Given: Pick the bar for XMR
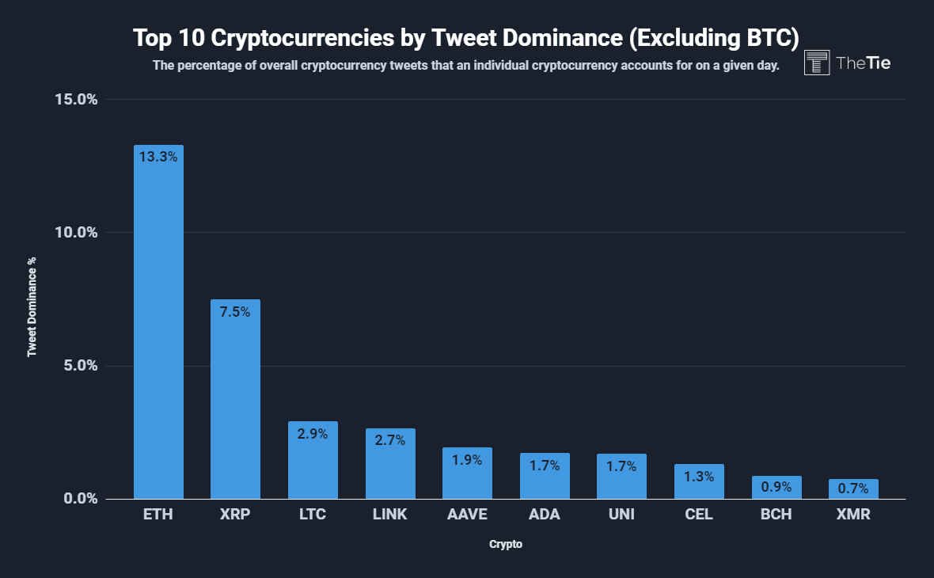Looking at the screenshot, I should [x=853, y=490].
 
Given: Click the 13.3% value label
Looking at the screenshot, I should [x=158, y=157].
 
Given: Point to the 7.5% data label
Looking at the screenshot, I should [x=235, y=312].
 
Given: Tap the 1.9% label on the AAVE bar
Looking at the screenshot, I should [x=467, y=459].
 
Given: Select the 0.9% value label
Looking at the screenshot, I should [x=776, y=487].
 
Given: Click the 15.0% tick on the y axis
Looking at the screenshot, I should [x=76, y=99].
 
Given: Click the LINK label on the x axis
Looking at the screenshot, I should [x=389, y=515].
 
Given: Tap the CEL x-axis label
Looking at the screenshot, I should [x=699, y=515].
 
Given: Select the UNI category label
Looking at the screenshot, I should [x=621, y=515].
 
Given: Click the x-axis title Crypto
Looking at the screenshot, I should [x=506, y=545].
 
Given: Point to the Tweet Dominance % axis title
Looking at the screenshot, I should [x=32, y=306].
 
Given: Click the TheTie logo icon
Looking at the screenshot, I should [x=817, y=63].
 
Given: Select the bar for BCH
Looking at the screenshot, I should [x=776, y=489].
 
